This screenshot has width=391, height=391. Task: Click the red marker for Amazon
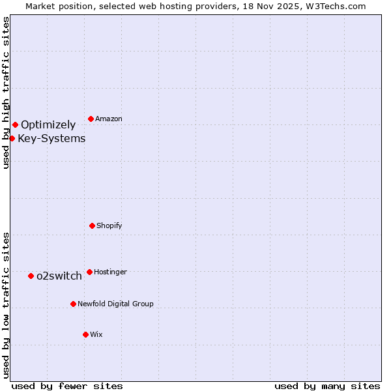[91, 119]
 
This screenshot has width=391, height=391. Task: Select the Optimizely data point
[15, 124]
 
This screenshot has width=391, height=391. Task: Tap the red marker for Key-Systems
[12, 138]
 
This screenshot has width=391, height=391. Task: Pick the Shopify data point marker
[92, 225]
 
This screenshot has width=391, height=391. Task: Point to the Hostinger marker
[89, 272]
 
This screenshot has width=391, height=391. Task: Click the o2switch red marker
[31, 276]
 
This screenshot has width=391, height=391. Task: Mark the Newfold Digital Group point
[73, 304]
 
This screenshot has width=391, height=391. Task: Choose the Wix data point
[85, 334]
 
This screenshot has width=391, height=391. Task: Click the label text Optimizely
[48, 124]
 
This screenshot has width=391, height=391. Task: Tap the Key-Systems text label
[51, 138]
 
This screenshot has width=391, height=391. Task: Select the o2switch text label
[59, 276]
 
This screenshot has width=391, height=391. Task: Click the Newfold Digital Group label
[115, 304]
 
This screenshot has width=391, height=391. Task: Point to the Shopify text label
[109, 225]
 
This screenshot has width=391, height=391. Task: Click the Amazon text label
[108, 119]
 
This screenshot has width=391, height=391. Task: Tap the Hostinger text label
[110, 272]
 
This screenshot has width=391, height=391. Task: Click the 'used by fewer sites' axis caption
[67, 386]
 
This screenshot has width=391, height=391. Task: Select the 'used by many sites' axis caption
[327, 386]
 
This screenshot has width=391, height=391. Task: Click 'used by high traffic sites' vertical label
[6, 93]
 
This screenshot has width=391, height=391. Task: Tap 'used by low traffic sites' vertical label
[6, 305]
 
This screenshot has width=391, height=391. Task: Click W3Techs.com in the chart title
[336, 6]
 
